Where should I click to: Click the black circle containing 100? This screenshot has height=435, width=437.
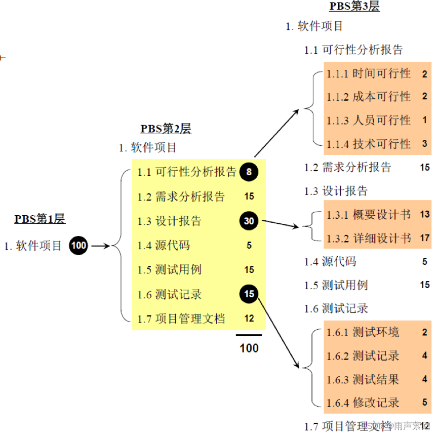(x=78, y=246)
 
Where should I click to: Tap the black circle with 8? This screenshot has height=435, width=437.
(x=249, y=172)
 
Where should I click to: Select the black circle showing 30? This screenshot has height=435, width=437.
(x=249, y=221)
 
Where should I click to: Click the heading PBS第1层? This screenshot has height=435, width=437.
(x=40, y=219)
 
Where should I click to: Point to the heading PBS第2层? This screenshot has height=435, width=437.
(x=166, y=129)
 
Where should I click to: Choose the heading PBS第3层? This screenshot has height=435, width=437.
(x=354, y=7)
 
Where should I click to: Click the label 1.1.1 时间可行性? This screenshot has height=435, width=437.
(x=369, y=74)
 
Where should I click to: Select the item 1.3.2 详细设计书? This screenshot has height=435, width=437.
(x=369, y=238)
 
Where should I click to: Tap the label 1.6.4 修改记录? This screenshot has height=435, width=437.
(x=363, y=403)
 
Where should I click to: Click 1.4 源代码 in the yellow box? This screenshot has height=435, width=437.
(x=164, y=246)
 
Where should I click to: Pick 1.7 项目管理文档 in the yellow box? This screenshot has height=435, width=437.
(x=181, y=319)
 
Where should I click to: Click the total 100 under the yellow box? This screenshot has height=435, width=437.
(x=249, y=348)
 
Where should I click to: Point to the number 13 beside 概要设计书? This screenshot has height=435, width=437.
(x=424, y=214)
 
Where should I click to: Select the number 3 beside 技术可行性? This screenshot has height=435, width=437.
(x=424, y=144)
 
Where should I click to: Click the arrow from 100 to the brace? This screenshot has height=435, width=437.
(x=100, y=246)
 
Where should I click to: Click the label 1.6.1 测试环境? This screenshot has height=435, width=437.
(x=363, y=332)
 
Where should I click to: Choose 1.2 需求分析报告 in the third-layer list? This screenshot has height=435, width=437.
(x=348, y=167)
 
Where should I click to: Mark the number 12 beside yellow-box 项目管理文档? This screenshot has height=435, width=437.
(x=249, y=319)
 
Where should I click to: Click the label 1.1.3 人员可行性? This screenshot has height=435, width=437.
(x=369, y=121)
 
